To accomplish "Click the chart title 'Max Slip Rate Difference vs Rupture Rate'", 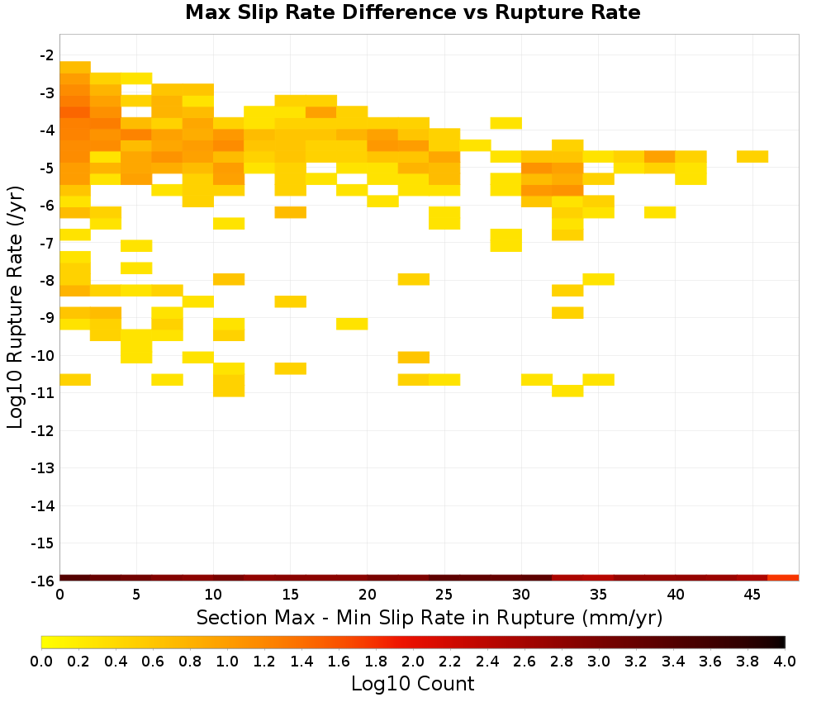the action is tap(412, 12).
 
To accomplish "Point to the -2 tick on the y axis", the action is tap(47, 55).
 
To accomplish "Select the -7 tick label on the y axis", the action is tap(47, 244).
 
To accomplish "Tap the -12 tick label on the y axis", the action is tap(43, 431).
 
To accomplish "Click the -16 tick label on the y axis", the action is tap(43, 581).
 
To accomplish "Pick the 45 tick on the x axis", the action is tap(752, 595).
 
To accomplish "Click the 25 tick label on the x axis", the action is tap(444, 595).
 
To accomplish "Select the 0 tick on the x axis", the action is tap(60, 595).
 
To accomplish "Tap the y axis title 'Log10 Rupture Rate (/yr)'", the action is tap(15, 307).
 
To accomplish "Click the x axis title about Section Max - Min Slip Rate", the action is tap(430, 617).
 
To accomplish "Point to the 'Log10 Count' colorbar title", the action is tap(412, 684).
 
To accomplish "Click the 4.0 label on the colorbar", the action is tap(785, 661).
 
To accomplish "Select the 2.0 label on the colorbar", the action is tap(413, 661).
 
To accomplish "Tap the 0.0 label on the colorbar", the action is tap(41, 661).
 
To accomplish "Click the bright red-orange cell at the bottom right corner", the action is tap(783, 578).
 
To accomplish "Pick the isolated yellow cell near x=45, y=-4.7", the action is tap(752, 156).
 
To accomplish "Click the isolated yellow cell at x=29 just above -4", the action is tap(506, 123).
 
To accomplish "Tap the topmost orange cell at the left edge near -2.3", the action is tap(75, 67).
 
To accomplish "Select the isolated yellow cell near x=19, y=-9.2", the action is tap(352, 324).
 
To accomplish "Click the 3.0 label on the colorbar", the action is tap(599, 661).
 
